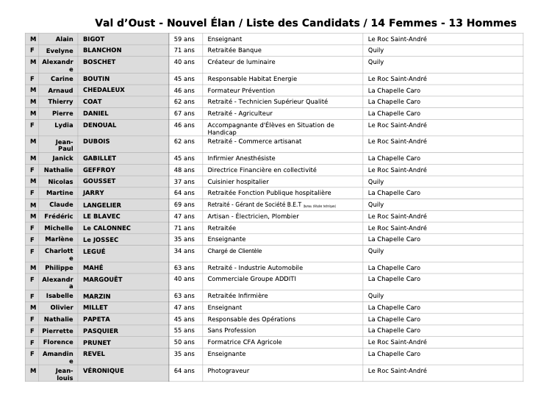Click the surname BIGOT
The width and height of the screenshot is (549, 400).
tap(94, 38)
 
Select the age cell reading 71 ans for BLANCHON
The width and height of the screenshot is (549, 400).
tap(184, 50)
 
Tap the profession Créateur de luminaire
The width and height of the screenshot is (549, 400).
tap(238, 62)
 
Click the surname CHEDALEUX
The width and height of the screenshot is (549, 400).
tap(104, 90)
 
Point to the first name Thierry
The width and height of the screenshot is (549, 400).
tap(61, 101)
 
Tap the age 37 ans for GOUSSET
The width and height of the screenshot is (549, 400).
tap(184, 181)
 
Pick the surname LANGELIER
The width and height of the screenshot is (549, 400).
tap(101, 204)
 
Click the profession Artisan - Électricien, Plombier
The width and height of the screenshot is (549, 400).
tap(253, 216)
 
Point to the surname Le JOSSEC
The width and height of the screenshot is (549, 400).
tap(100, 239)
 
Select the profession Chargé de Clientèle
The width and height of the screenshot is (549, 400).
tap(234, 251)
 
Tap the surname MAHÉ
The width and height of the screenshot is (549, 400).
tap(93, 268)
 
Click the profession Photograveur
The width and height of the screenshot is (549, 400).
tap(229, 371)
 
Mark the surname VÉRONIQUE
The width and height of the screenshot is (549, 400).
tap(103, 371)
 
